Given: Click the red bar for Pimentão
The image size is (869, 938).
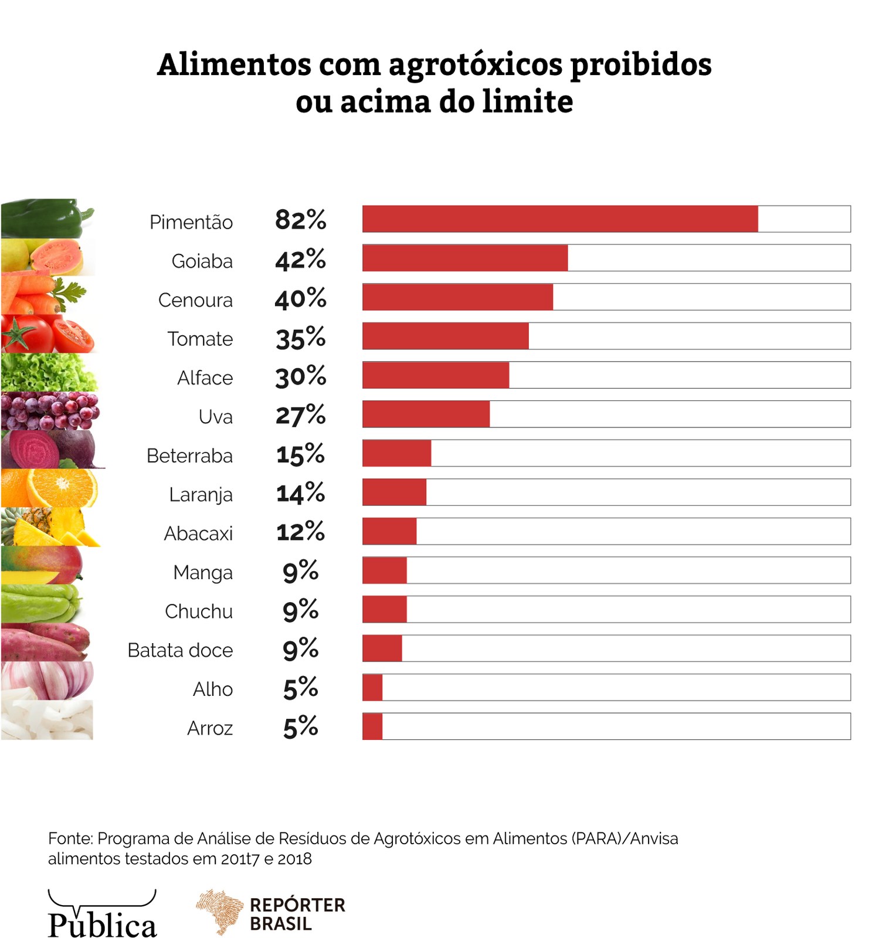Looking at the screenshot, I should coord(559,219).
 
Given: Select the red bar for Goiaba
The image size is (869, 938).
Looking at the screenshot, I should coord(464,258).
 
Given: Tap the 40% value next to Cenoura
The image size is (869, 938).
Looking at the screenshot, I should coord(300,298).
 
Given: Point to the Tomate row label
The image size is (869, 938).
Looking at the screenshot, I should coord(200,339).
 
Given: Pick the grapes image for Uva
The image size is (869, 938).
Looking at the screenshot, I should coord(50,412).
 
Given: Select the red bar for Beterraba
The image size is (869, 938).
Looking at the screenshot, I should coord(396,453).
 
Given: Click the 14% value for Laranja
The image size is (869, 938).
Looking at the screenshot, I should coord(300,493).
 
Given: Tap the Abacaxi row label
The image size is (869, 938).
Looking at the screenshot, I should coord(198,533).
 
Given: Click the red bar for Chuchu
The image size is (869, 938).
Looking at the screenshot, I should coord(384,609).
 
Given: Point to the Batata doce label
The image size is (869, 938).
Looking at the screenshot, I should coord(180,650).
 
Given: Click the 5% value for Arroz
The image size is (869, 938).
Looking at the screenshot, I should coord(300,728).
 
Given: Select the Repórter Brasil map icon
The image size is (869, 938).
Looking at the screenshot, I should coord(220,910).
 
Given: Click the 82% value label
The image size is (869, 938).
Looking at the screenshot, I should coord(300,220).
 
